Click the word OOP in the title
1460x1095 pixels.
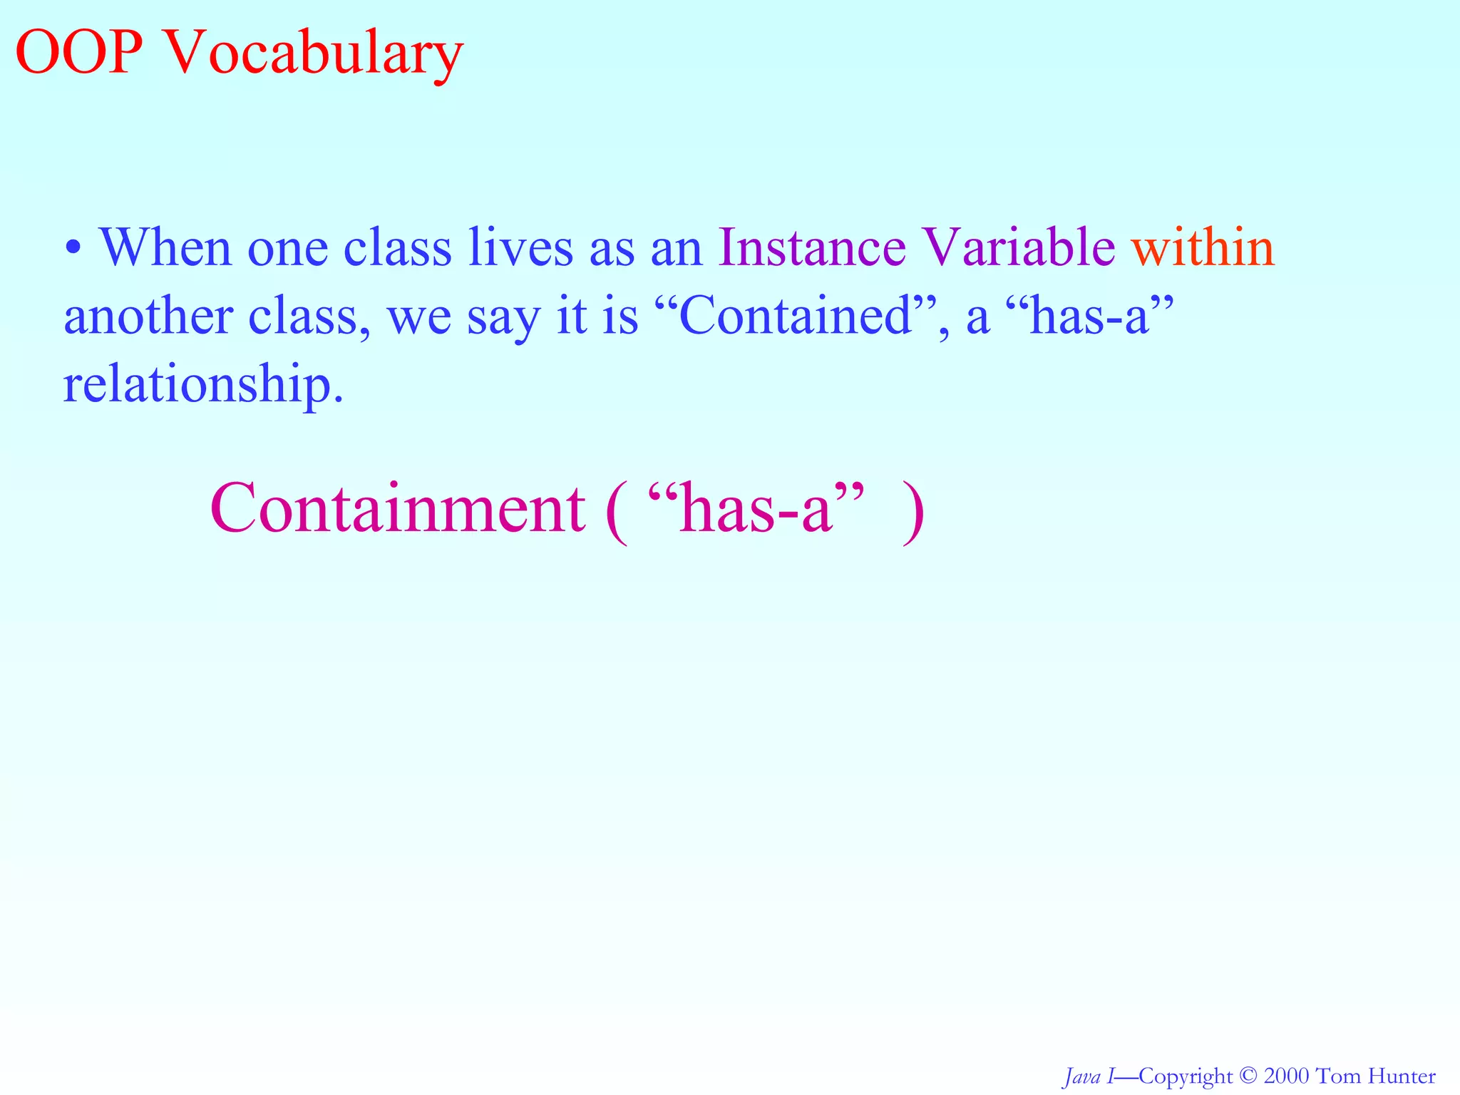[x=78, y=53]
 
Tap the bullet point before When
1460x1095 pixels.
[x=73, y=249]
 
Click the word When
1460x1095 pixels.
[x=165, y=247]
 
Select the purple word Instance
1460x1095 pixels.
[x=812, y=247]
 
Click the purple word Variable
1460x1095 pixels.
[x=1018, y=247]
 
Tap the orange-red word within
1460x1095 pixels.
[x=1203, y=247]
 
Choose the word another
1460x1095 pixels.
[x=148, y=316]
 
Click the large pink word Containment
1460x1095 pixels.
[x=398, y=509]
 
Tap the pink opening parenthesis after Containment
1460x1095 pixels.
[x=617, y=513]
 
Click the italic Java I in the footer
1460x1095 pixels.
[x=1088, y=1076]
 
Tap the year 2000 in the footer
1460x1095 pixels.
[x=1286, y=1076]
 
